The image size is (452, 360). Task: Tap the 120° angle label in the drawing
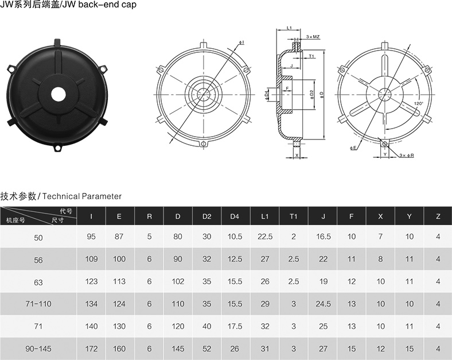click(x=418, y=103)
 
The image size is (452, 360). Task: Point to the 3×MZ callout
click(x=313, y=37)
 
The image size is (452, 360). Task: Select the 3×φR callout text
click(x=407, y=155)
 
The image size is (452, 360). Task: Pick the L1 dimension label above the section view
click(x=290, y=28)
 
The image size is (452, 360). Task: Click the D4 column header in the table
click(x=235, y=216)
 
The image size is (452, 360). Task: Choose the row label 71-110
click(x=38, y=304)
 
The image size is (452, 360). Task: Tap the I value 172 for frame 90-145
click(x=91, y=349)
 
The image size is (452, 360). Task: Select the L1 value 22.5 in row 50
click(x=265, y=237)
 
